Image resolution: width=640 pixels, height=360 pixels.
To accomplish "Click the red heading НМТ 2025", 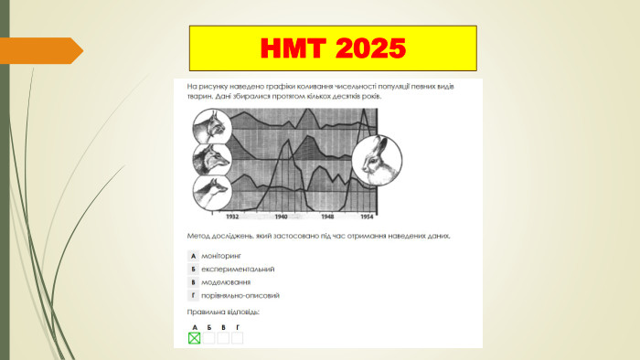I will point(333,48).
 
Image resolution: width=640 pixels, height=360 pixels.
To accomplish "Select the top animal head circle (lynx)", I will point(210,126).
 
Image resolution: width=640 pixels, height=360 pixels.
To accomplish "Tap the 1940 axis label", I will point(281,217).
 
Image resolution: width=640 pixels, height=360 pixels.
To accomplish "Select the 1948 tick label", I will point(327,217).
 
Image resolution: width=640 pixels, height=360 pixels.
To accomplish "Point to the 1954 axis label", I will point(368,217).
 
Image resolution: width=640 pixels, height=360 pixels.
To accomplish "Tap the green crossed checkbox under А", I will point(194,338).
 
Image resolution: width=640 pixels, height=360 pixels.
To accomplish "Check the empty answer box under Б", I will point(208,338).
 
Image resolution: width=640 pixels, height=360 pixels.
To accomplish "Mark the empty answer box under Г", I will point(238,338).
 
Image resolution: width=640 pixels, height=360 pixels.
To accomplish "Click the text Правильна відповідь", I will point(223,312).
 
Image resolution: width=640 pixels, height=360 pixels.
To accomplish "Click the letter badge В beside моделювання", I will point(193,282).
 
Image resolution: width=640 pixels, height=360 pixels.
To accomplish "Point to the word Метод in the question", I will point(197,236).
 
